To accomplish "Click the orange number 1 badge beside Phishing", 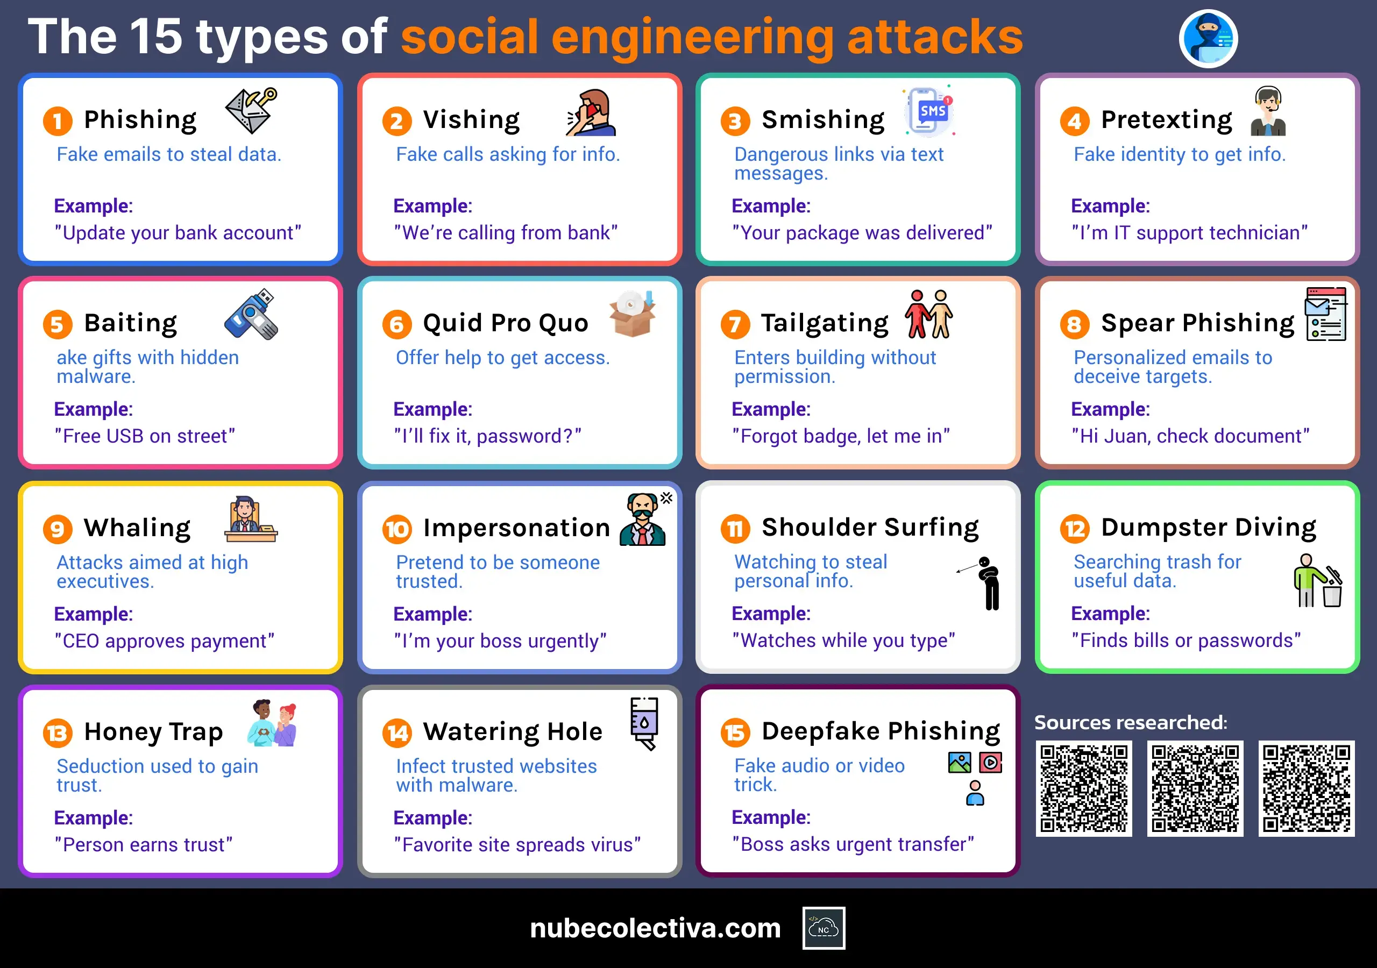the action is pyautogui.click(x=58, y=120).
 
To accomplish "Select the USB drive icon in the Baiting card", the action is pyautogui.click(x=251, y=315).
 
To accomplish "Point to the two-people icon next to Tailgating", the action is pyautogui.click(x=929, y=314).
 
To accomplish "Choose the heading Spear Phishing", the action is pyautogui.click(x=1198, y=323).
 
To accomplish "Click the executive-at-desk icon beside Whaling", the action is pyautogui.click(x=251, y=519).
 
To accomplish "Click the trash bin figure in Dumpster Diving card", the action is pyautogui.click(x=1318, y=581).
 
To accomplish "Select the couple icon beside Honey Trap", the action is pyautogui.click(x=273, y=723).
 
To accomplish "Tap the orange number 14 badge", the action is pyautogui.click(x=397, y=733).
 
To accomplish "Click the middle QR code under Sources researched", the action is pyautogui.click(x=1195, y=788).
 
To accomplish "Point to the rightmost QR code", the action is pyautogui.click(x=1306, y=788).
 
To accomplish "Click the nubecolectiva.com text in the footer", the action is pyautogui.click(x=656, y=928).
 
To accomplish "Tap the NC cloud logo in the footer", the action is pyautogui.click(x=824, y=928).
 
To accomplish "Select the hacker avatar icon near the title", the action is pyautogui.click(x=1208, y=38).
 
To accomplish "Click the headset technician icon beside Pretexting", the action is pyautogui.click(x=1268, y=111).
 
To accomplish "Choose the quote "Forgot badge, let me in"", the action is pyautogui.click(x=841, y=436).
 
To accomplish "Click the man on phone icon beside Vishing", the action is pyautogui.click(x=592, y=113).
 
